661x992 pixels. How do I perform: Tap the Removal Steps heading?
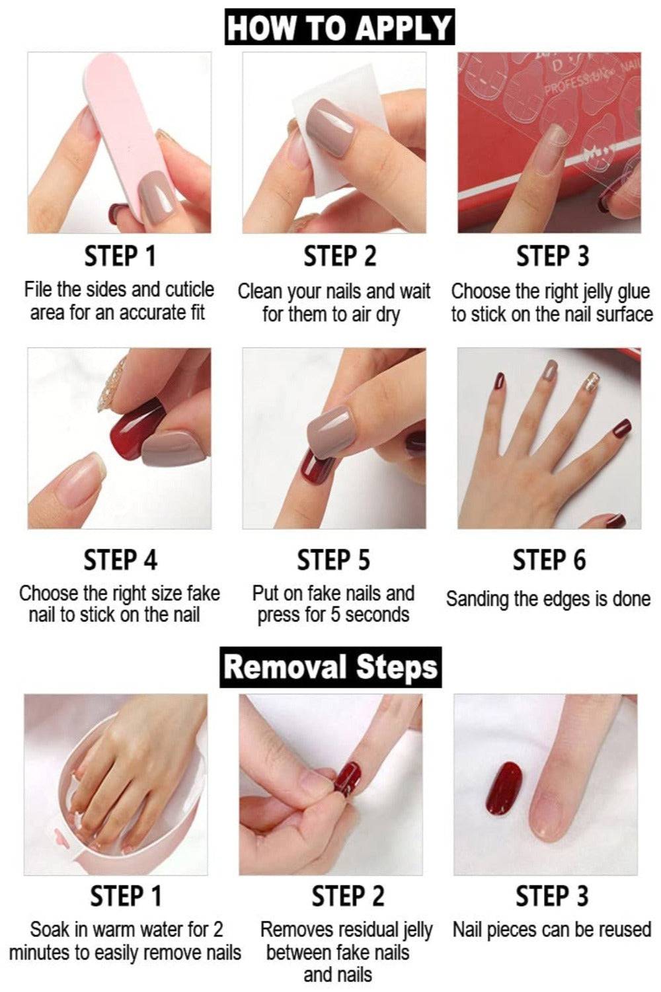click(x=330, y=667)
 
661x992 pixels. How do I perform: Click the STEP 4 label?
click(x=120, y=559)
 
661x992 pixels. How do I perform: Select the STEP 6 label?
click(x=549, y=559)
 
